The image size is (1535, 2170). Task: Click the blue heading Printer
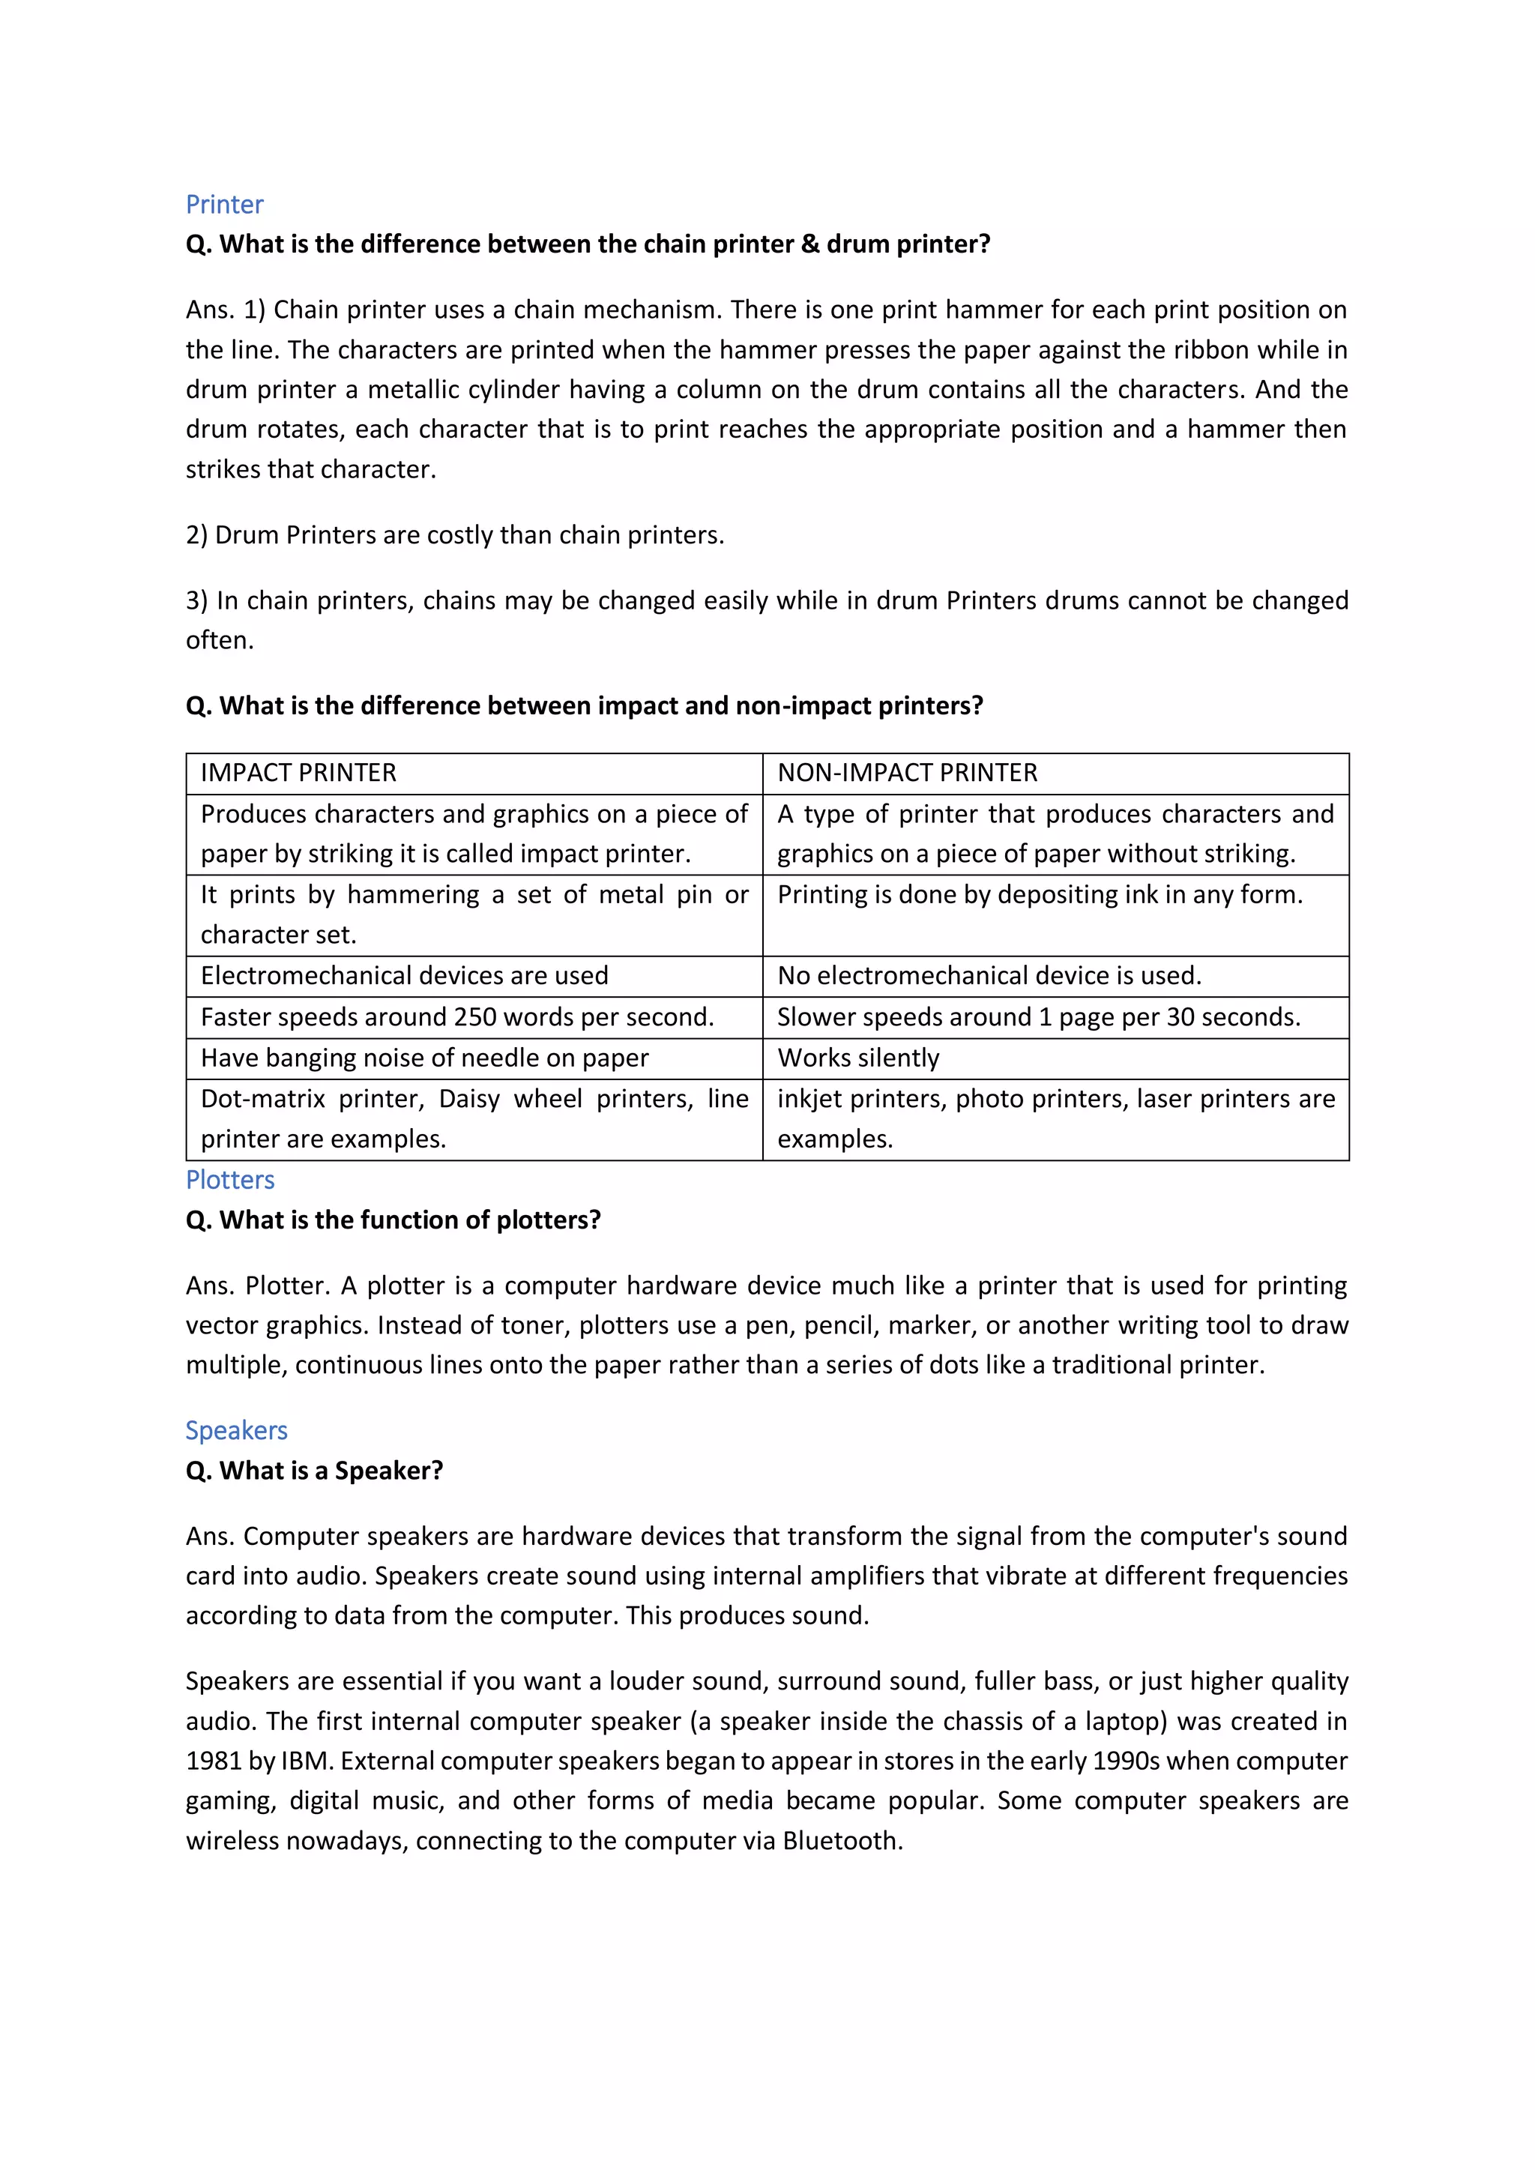coord(224,204)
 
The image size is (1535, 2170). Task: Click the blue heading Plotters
coord(229,1180)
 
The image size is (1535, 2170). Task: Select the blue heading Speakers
coord(236,1430)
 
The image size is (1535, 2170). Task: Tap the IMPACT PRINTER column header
coord(299,773)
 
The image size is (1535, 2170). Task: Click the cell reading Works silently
coord(858,1058)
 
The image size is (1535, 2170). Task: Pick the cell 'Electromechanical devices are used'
coord(405,975)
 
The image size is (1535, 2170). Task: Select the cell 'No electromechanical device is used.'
coord(989,975)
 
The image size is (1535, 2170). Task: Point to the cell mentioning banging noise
coord(424,1058)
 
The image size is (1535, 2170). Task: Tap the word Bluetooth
coord(840,1840)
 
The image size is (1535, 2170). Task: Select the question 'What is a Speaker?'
coord(315,1471)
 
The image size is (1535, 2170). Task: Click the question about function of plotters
coord(393,1220)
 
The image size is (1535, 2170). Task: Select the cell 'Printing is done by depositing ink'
coord(1040,894)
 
